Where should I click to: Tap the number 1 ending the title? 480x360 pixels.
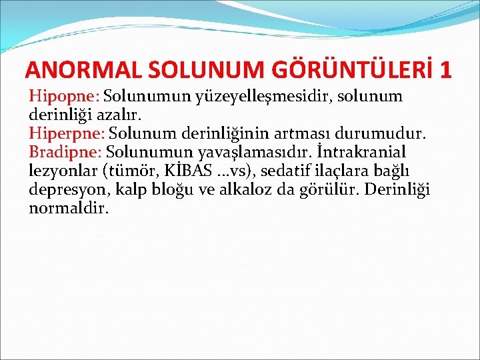click(x=446, y=70)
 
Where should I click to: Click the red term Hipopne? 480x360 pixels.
click(x=63, y=97)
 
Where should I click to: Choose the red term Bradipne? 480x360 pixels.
click(x=65, y=153)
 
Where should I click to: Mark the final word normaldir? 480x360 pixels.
click(x=69, y=209)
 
